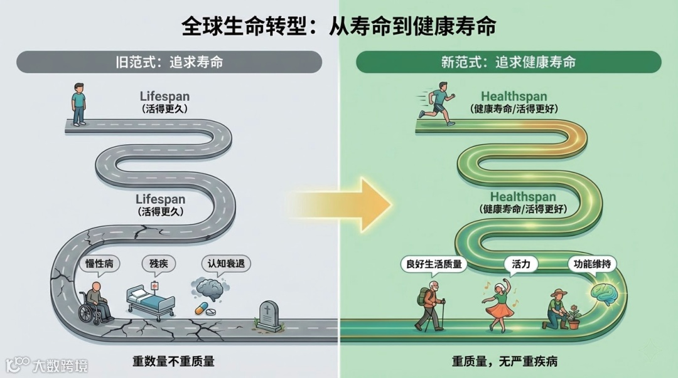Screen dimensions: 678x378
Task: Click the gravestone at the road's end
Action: click(x=267, y=315)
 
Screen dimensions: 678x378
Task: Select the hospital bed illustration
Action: click(x=150, y=302)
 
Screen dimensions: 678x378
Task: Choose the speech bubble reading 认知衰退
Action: click(x=225, y=263)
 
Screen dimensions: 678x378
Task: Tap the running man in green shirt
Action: click(x=438, y=103)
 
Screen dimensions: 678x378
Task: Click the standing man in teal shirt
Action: click(x=78, y=104)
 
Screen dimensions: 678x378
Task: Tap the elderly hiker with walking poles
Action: click(x=430, y=307)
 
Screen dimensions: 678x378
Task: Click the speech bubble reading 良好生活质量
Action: click(x=433, y=264)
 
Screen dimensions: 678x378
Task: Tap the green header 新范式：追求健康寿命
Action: click(x=508, y=62)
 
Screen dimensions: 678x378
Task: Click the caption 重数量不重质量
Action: click(x=173, y=362)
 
